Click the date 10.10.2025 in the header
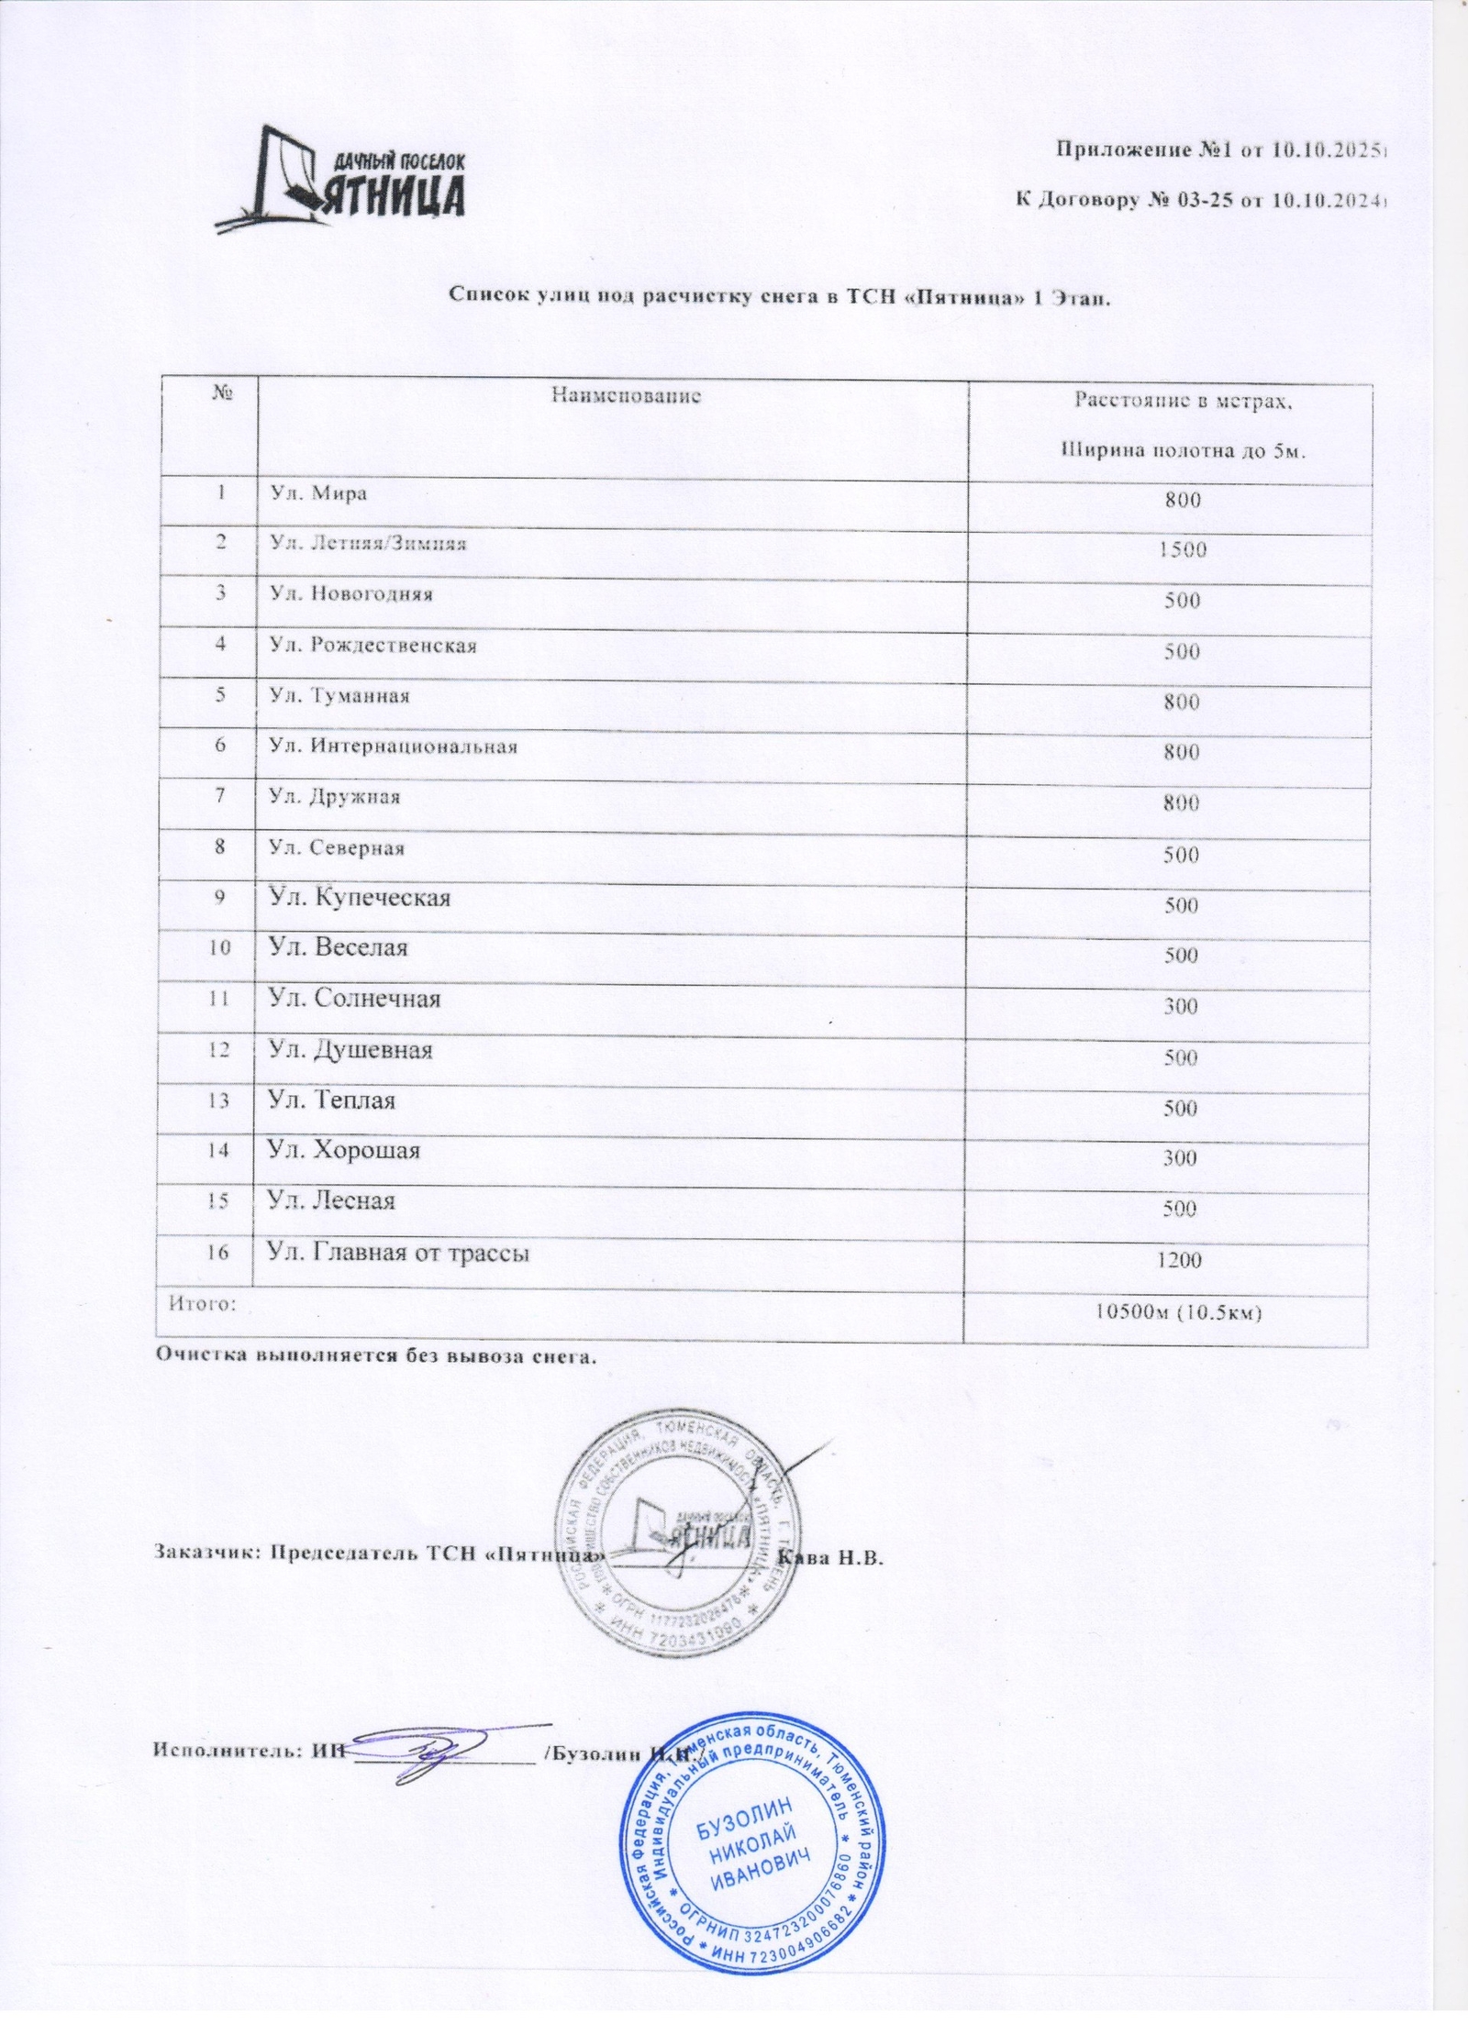1325,150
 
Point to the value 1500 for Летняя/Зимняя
1180,550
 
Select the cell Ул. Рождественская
373,646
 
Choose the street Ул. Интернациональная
393,747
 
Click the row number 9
220,897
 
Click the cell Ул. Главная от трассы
397,1252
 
